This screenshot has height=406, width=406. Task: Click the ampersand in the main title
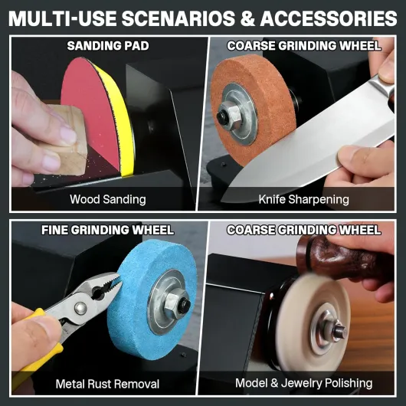247,18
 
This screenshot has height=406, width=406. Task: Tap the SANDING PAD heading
108,46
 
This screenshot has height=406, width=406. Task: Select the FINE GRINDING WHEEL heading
107,230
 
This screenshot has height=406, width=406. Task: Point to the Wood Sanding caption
108,199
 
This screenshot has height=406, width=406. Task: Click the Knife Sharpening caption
303,199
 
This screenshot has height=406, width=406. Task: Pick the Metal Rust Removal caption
107,384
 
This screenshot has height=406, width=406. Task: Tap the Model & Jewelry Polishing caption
303,383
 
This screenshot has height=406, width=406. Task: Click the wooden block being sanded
65,140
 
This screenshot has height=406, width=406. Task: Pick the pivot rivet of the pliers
80,309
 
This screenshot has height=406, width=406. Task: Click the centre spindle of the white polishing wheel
339,332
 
